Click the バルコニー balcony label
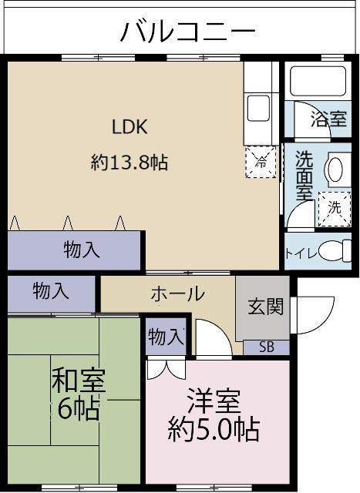(x=187, y=32)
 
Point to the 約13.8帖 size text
(x=130, y=163)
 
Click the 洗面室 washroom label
(x=304, y=176)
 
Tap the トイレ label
(x=301, y=253)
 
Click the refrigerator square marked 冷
(x=261, y=162)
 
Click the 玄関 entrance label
(x=265, y=306)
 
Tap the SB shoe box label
(x=265, y=346)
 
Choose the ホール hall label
(x=177, y=293)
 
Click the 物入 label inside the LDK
(x=82, y=250)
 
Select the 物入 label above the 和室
(x=52, y=291)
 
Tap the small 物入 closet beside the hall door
(x=166, y=337)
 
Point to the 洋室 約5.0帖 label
(x=214, y=415)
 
